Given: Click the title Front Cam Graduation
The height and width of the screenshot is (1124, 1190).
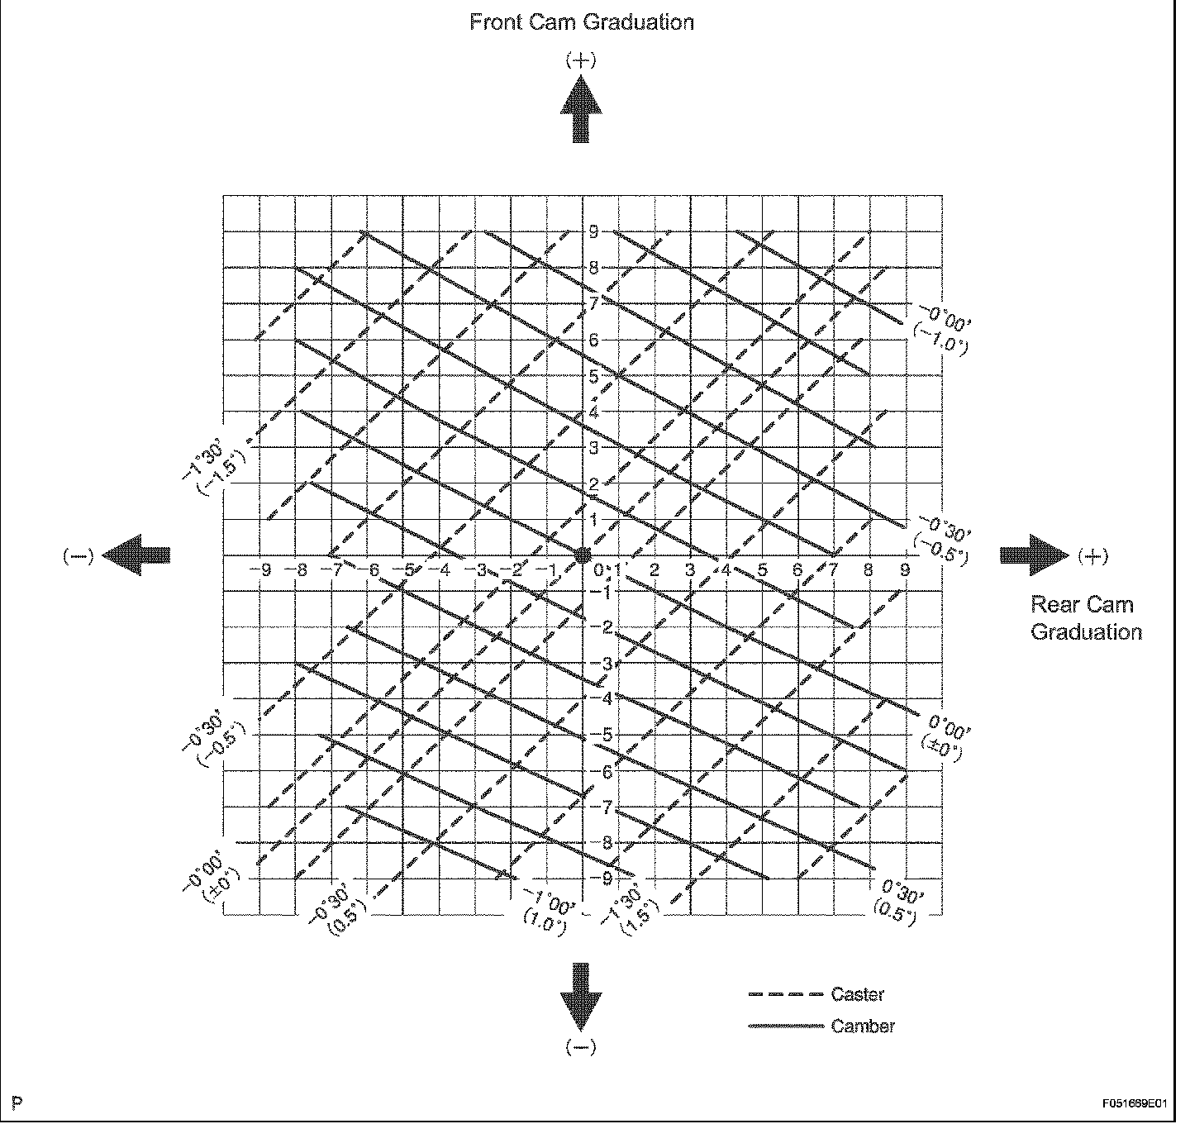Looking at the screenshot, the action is click(581, 22).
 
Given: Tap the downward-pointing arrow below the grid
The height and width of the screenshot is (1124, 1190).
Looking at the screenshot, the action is click(581, 996).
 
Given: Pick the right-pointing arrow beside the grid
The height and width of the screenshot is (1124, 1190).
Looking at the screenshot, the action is click(1034, 554).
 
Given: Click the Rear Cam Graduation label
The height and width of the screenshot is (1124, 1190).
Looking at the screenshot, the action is click(1085, 618).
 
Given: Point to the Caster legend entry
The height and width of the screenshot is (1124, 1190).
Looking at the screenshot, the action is click(857, 995).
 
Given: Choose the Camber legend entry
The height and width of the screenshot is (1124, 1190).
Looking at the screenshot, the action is click(862, 1026).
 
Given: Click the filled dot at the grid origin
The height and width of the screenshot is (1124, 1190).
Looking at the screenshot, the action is click(583, 554).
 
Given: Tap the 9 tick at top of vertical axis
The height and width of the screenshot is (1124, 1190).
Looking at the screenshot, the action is click(593, 232).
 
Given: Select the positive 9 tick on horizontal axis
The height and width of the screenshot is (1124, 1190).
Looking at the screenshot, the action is click(905, 570).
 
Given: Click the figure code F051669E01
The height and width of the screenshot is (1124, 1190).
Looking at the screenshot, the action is click(1134, 1104).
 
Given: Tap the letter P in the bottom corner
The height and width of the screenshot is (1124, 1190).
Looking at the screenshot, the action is click(17, 1104).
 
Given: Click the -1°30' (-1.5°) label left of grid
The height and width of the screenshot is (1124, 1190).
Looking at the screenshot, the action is click(212, 466).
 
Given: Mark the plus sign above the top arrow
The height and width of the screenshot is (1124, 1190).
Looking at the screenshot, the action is click(581, 60).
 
